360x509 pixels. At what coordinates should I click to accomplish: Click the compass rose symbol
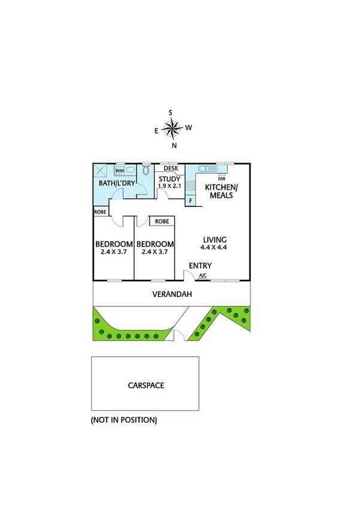(x=173, y=128)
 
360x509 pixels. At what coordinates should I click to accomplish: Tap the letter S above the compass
(x=171, y=113)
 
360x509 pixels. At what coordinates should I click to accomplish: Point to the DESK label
(x=171, y=168)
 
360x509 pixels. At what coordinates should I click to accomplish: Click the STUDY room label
(x=169, y=178)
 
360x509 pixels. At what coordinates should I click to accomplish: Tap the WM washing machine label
(x=120, y=171)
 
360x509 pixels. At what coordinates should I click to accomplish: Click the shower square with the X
(x=102, y=170)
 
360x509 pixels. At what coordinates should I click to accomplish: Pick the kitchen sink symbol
(x=209, y=168)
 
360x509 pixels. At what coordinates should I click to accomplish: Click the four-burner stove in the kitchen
(x=190, y=185)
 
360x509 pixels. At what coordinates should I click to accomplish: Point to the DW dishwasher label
(x=222, y=179)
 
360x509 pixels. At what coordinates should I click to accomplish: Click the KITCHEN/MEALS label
(x=222, y=191)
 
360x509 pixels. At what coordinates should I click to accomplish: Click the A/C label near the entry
(x=202, y=276)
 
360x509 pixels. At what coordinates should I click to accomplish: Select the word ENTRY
(x=199, y=266)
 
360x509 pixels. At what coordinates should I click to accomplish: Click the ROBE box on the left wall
(x=100, y=211)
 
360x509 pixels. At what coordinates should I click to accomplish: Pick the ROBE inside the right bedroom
(x=162, y=221)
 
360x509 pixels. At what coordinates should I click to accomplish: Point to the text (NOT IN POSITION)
(x=124, y=420)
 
